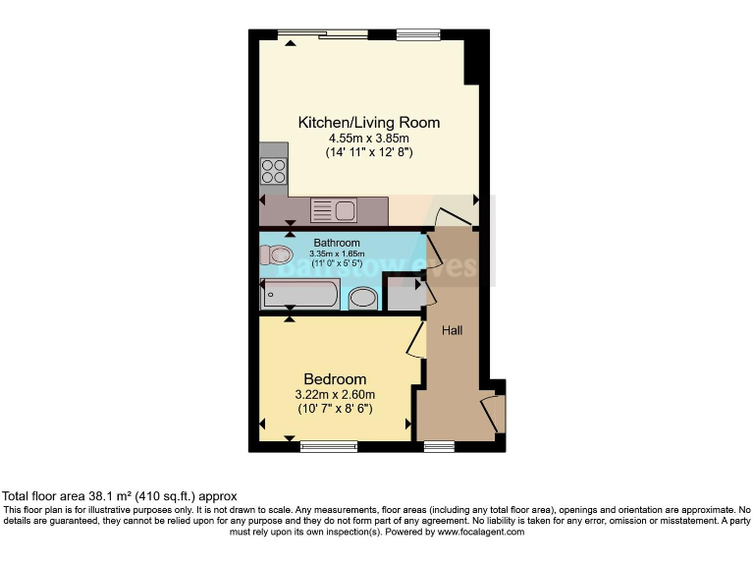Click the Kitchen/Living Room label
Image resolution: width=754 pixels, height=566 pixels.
(368, 123)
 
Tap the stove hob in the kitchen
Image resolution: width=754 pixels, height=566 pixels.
(274, 173)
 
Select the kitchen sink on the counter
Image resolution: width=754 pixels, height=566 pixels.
(333, 210)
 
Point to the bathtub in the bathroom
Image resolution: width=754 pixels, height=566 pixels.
(299, 294)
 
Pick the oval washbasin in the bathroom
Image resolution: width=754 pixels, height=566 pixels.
(362, 298)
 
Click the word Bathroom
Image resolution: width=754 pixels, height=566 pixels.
(337, 243)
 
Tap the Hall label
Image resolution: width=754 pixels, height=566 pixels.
(452, 331)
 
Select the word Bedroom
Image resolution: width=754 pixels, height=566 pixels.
(335, 379)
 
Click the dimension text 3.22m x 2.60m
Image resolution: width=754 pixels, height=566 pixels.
(335, 395)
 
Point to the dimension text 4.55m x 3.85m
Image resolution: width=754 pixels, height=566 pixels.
(368, 140)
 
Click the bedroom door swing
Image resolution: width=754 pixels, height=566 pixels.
(414, 340)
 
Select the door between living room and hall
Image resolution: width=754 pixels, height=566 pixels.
(452, 218)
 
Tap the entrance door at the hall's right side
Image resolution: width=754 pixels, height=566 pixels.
(493, 414)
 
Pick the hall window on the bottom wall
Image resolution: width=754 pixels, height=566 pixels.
(439, 447)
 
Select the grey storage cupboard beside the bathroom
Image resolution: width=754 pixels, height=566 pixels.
(401, 292)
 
